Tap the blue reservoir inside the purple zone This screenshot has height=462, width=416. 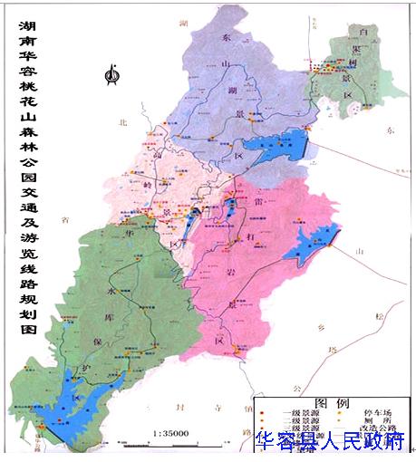(282, 143)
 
